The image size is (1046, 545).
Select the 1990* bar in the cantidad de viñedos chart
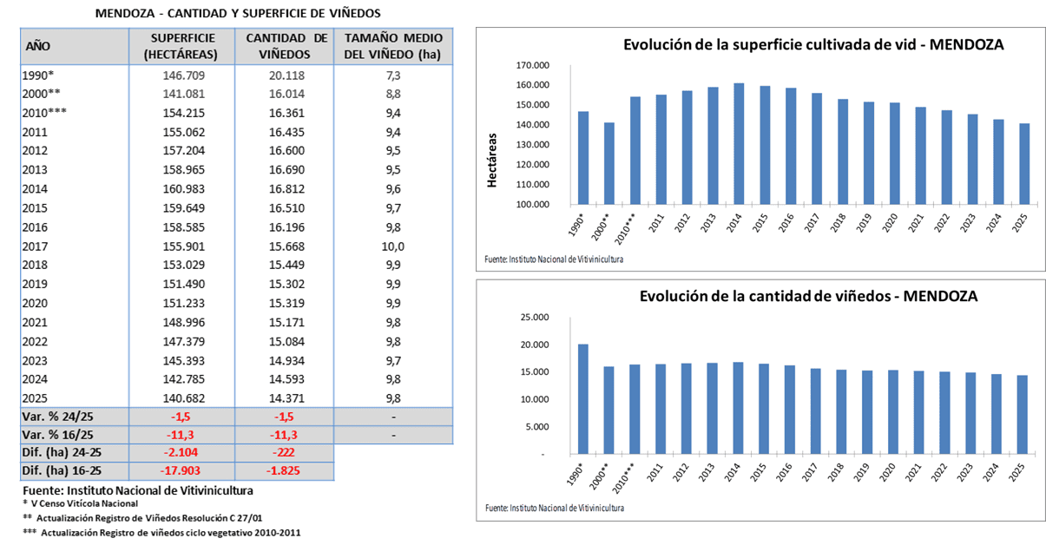[583, 399]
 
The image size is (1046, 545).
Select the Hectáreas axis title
[492, 160]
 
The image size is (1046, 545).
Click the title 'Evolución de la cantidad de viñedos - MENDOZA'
[808, 296]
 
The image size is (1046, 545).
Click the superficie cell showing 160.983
[181, 189]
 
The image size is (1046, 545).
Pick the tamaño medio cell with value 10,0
[393, 246]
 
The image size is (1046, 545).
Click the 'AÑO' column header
[38, 46]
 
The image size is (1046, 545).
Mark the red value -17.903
[181, 471]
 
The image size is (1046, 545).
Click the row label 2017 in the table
[36, 246]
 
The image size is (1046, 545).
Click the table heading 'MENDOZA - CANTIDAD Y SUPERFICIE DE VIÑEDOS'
[237, 14]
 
